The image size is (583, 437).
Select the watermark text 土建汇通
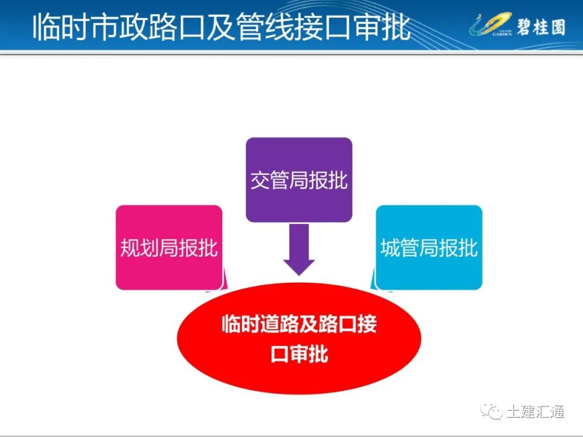(535, 412)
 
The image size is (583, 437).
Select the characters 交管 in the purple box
(269, 181)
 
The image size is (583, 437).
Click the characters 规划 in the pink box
(139, 248)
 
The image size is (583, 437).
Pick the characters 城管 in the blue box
(399, 248)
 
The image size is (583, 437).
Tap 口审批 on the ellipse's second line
(299, 354)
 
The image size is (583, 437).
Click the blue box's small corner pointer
(372, 282)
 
